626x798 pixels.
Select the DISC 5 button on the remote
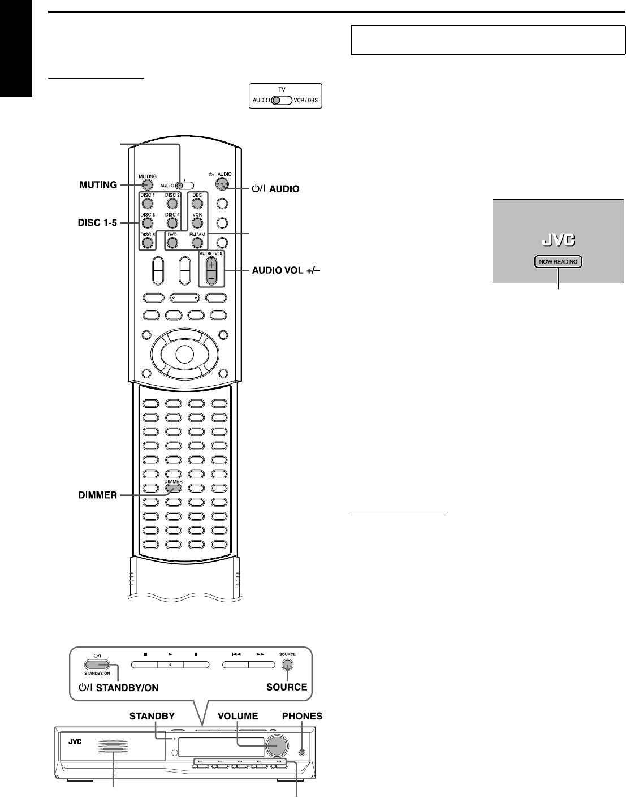click(x=147, y=243)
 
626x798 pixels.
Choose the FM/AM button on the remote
click(x=197, y=243)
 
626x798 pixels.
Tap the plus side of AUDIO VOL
click(x=211, y=265)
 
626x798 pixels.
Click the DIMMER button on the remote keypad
click(x=173, y=488)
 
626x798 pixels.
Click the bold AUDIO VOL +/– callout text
click(x=286, y=270)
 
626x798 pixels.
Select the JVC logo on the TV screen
click(x=558, y=240)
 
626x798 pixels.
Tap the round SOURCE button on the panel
click(x=287, y=666)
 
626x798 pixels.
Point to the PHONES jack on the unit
click(x=301, y=752)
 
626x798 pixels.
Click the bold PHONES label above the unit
click(x=302, y=716)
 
